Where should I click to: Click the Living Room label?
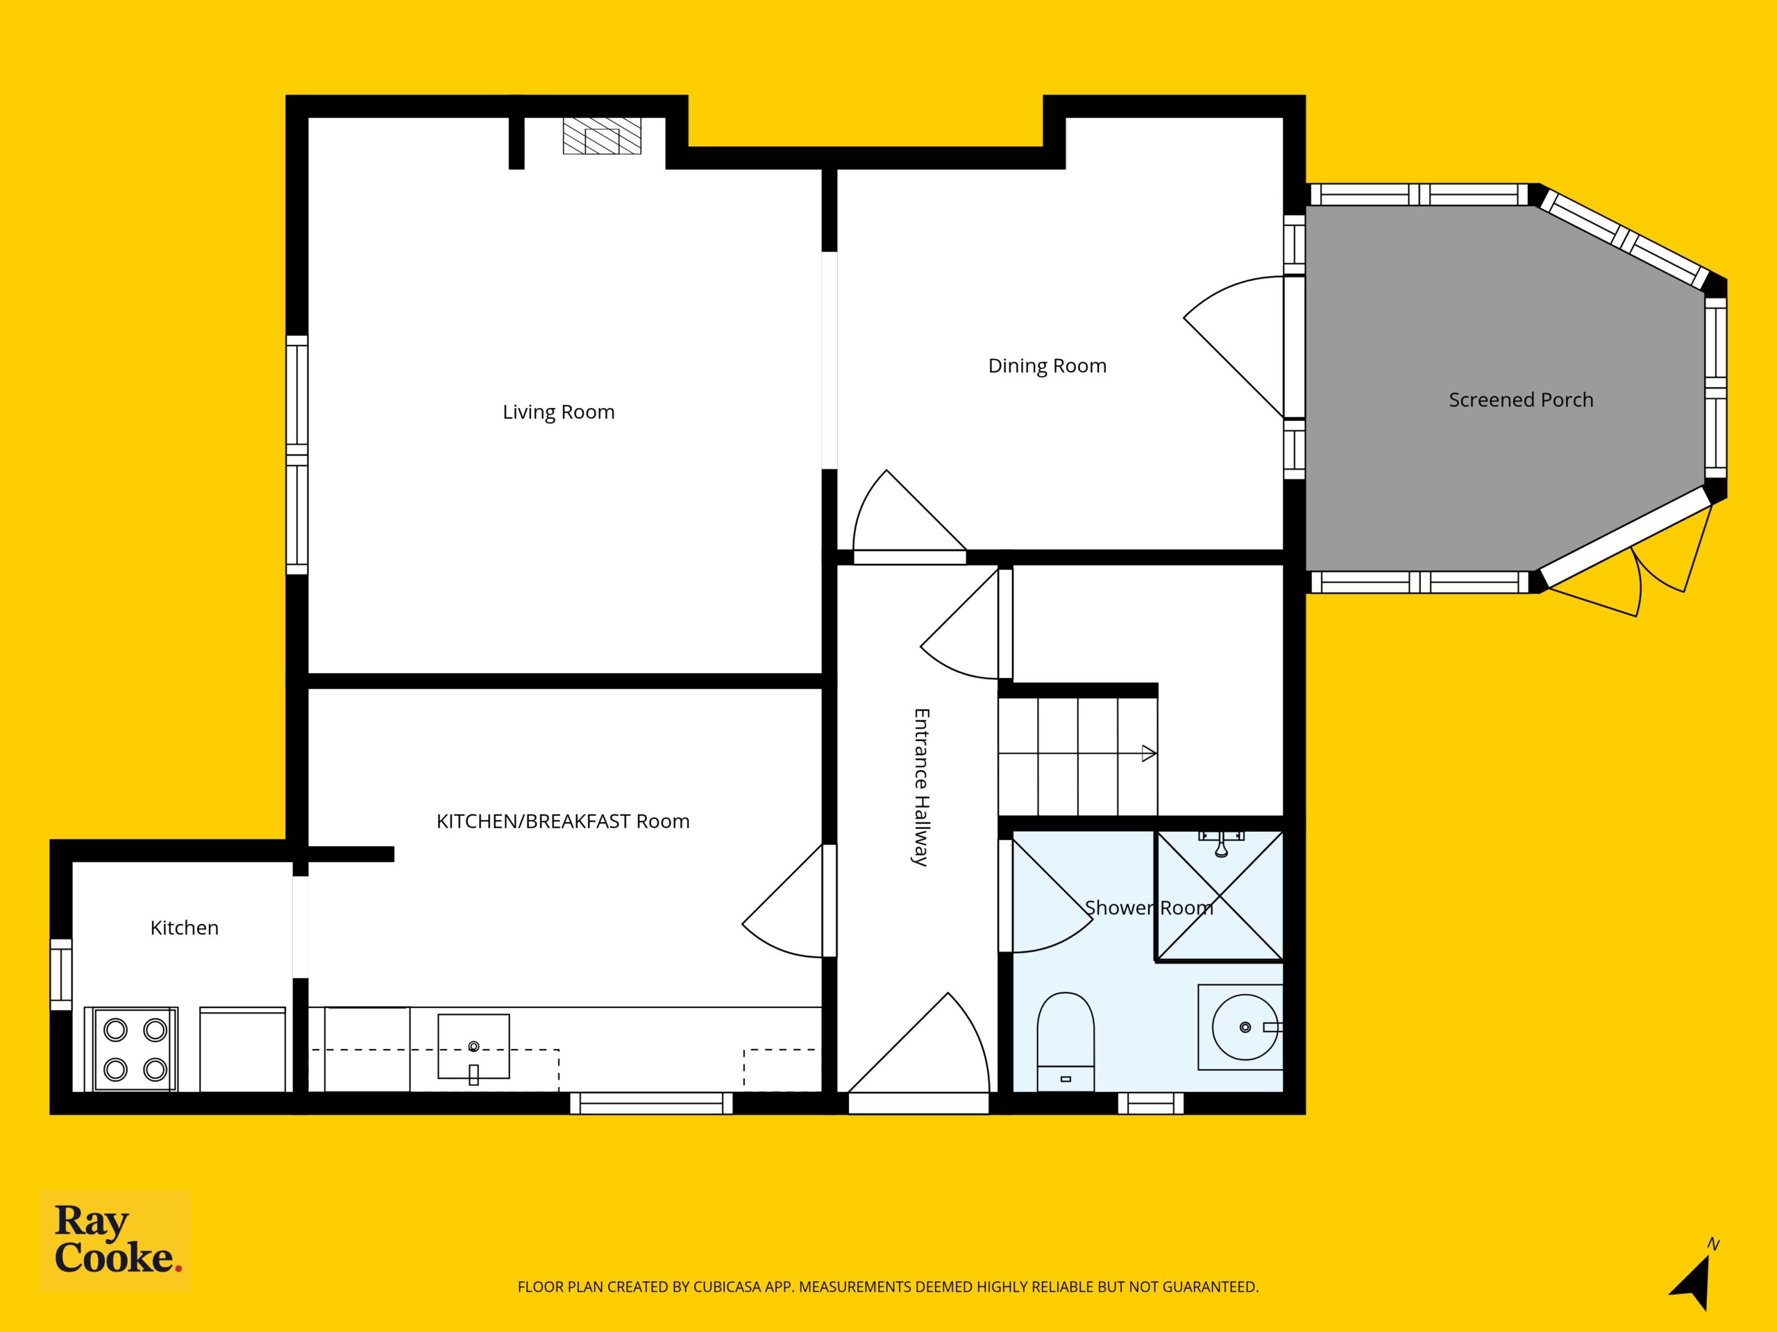(558, 412)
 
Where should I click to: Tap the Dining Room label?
(1047, 366)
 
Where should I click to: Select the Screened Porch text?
(1521, 400)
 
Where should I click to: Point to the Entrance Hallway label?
(921, 787)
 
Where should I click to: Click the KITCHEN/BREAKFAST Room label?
(562, 821)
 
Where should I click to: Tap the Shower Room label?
(1149, 908)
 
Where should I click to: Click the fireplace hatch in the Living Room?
(602, 136)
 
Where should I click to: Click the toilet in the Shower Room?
(1066, 1041)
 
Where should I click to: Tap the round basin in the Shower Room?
(1245, 1027)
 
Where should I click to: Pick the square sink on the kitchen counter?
(473, 1046)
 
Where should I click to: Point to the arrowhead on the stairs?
(1149, 753)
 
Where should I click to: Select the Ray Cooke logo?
(117, 1240)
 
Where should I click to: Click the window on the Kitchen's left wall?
(61, 975)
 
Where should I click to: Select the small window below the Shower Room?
(1150, 1103)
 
